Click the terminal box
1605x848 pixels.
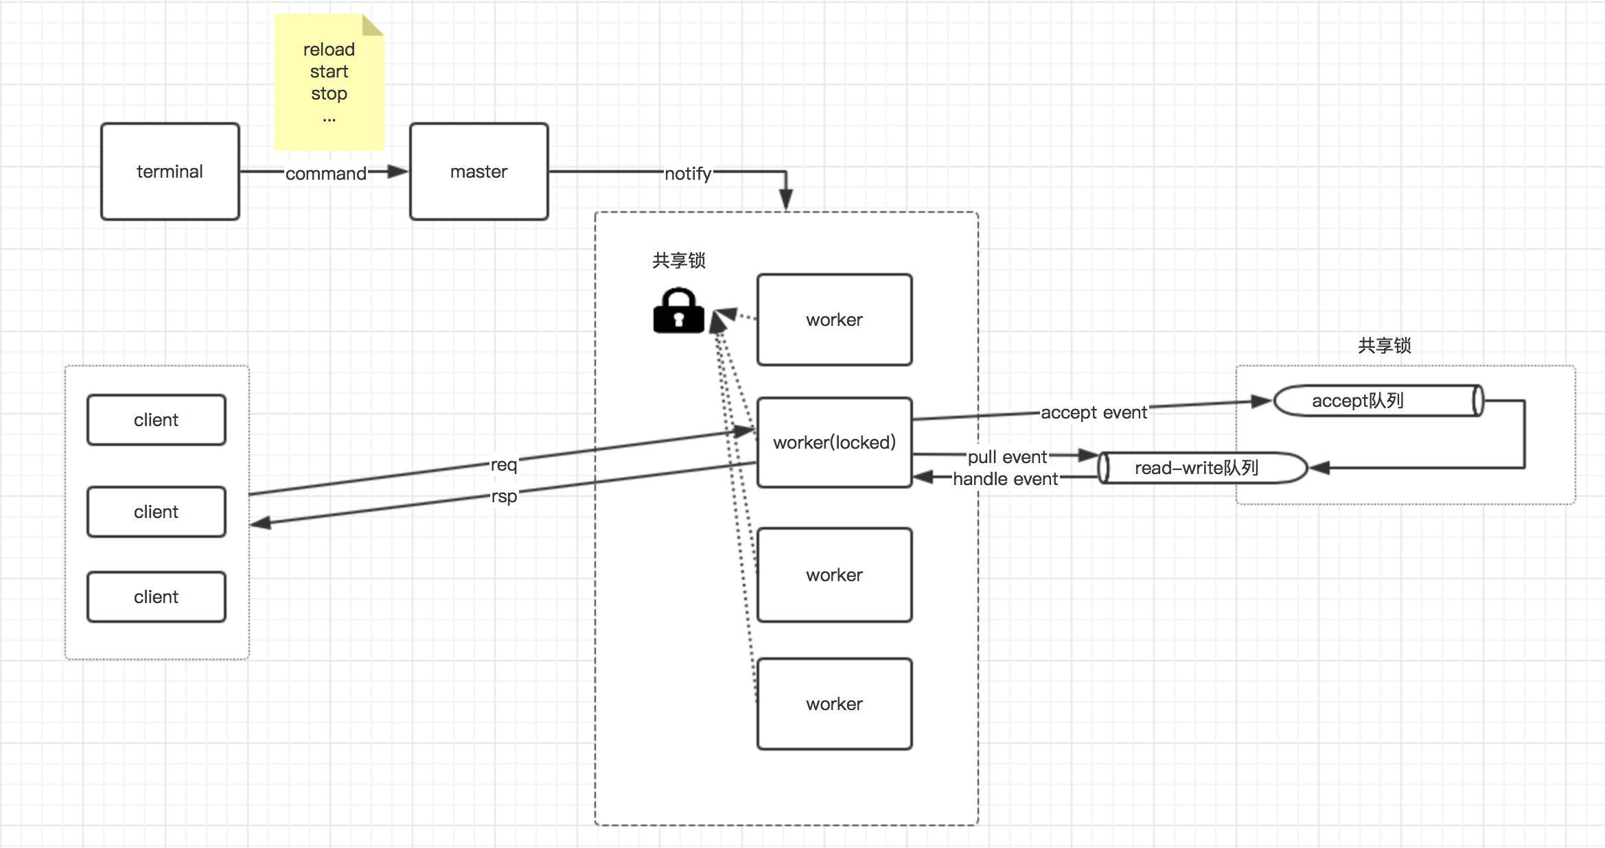tap(170, 172)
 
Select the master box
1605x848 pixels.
tap(479, 172)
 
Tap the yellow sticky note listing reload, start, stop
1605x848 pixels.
tap(329, 82)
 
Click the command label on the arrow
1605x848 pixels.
tap(326, 174)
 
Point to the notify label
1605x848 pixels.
tap(688, 174)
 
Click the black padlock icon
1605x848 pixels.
tap(679, 311)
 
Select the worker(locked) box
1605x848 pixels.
tap(835, 443)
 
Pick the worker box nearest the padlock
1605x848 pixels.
tap(835, 320)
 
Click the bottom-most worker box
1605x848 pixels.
tap(835, 704)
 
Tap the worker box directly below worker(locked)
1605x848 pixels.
tap(835, 575)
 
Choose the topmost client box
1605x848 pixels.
tap(157, 420)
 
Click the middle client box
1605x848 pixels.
tap(157, 512)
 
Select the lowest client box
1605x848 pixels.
tap(157, 597)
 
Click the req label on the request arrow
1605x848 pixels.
tap(504, 465)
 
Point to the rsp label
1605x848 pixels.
tap(504, 496)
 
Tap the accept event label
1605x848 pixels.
tap(1094, 412)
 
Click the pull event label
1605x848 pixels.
tap(1007, 457)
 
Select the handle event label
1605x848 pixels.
tap(1006, 479)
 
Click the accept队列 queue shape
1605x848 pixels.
tap(1378, 401)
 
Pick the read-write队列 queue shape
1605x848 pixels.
tap(1203, 468)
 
